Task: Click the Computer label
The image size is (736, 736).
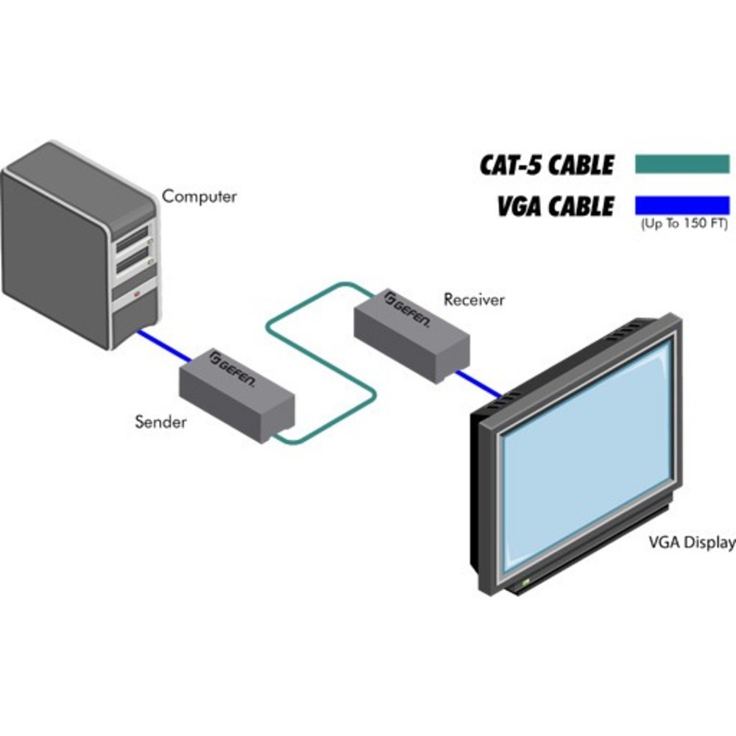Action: pos(199,197)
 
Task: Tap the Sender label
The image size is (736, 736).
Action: pos(160,422)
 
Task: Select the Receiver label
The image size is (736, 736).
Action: pos(474,300)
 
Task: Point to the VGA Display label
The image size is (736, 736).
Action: pos(691,543)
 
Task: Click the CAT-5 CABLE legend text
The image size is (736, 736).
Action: pos(547,165)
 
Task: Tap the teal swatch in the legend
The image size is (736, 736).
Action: pos(681,163)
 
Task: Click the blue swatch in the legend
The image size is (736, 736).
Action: pos(681,203)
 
